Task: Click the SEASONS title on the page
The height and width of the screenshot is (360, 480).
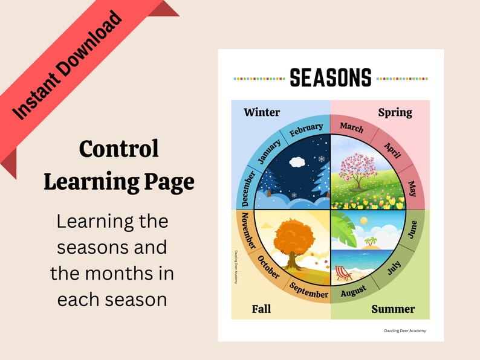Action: tap(330, 77)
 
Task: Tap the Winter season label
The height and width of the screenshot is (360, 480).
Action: tap(262, 112)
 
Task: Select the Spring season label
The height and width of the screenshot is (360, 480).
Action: tap(395, 112)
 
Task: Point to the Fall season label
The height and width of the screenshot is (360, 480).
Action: tap(261, 309)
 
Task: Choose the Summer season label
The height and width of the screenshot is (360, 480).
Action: tap(393, 309)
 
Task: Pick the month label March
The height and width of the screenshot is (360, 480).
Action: tap(352, 127)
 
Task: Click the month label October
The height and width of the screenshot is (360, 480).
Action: tap(268, 268)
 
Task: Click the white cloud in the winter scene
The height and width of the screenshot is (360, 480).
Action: tap(297, 162)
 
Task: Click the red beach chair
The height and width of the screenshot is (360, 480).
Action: tap(343, 273)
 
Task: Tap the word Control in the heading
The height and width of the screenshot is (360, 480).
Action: tap(118, 149)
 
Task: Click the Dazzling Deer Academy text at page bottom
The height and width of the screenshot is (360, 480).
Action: tap(404, 330)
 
